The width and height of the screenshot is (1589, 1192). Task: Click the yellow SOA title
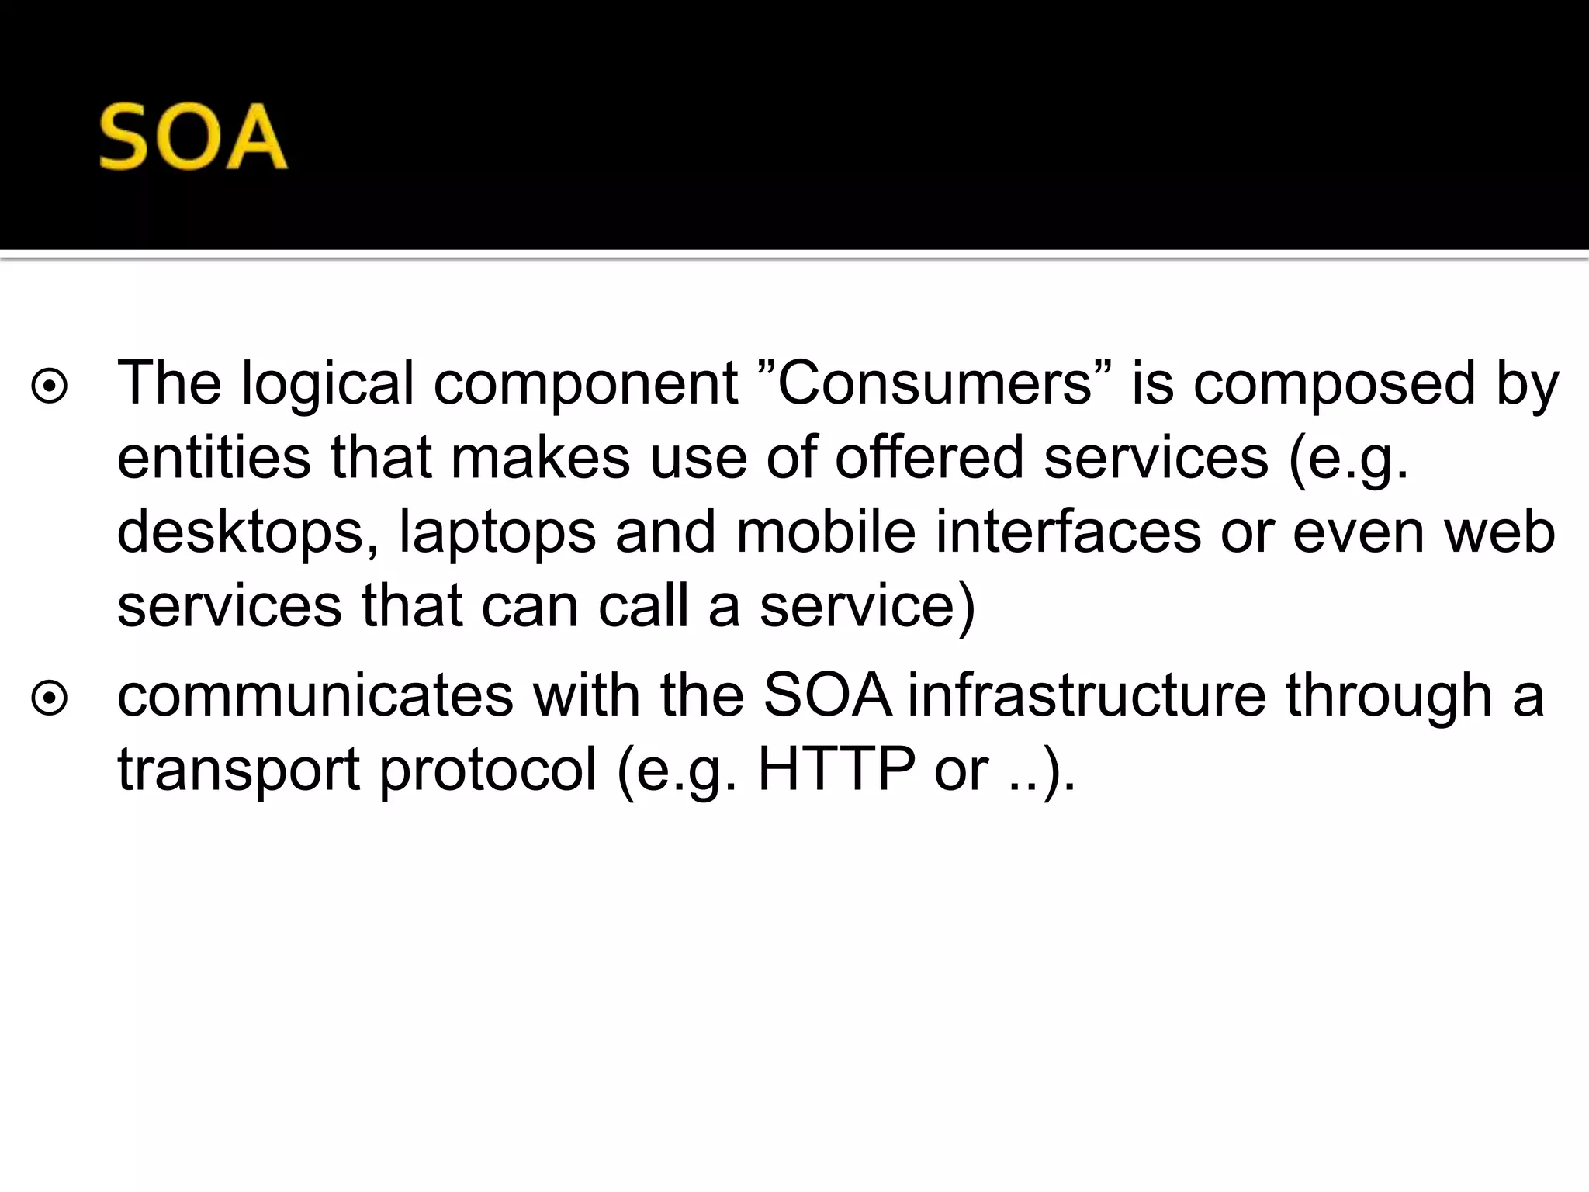[x=193, y=138]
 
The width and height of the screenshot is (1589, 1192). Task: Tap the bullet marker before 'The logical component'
[x=50, y=386]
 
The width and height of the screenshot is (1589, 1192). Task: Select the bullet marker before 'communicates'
[x=50, y=698]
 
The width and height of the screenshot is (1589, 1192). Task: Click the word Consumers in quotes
[x=933, y=383]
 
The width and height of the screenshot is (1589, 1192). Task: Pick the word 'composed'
[x=1333, y=383]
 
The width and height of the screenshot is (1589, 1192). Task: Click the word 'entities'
[x=214, y=457]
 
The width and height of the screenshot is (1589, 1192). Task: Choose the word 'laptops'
[x=497, y=532]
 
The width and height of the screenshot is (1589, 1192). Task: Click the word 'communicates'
[x=315, y=695]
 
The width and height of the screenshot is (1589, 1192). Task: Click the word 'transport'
[x=239, y=770]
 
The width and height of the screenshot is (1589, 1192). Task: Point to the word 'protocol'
[x=488, y=770]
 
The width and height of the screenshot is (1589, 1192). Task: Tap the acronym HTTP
[x=836, y=768]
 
